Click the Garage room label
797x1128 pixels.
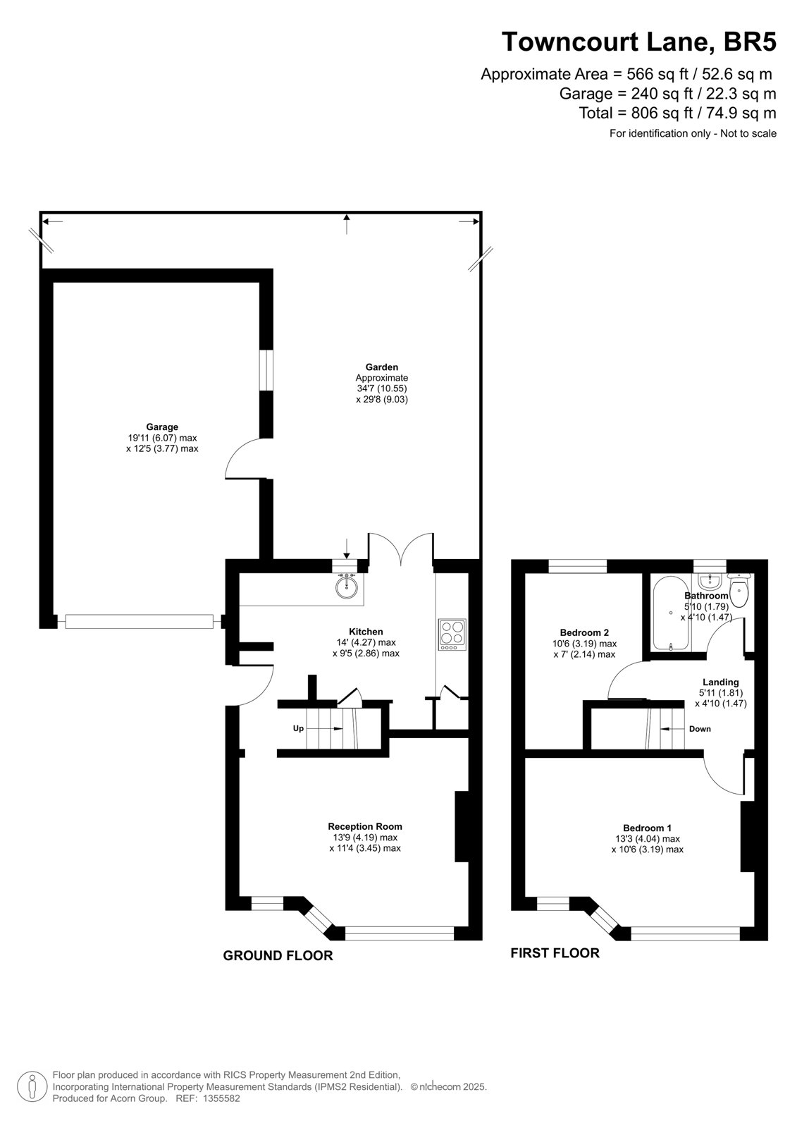click(x=162, y=427)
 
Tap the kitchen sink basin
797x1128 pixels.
click(x=347, y=586)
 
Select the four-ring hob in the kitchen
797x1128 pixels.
click(x=452, y=634)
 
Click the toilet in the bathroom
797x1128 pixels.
click(x=739, y=591)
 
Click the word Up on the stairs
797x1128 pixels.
click(x=299, y=729)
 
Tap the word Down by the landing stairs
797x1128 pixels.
click(x=700, y=729)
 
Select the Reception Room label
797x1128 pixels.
click(x=365, y=826)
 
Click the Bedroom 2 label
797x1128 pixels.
click(x=584, y=632)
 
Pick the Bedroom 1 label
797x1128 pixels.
click(x=648, y=828)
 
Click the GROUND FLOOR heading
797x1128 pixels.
click(x=278, y=956)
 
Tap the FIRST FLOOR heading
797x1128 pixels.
click(x=555, y=953)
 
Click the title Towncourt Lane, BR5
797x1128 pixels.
click(x=639, y=42)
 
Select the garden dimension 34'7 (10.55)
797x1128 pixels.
click(x=382, y=388)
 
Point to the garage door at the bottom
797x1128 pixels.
click(x=140, y=621)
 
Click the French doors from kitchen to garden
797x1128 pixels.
click(x=401, y=549)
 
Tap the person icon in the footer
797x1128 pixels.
click(x=32, y=1087)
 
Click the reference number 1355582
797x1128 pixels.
click(x=221, y=1099)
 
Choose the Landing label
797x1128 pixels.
click(x=721, y=682)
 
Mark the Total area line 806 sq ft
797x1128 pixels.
click(x=678, y=114)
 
